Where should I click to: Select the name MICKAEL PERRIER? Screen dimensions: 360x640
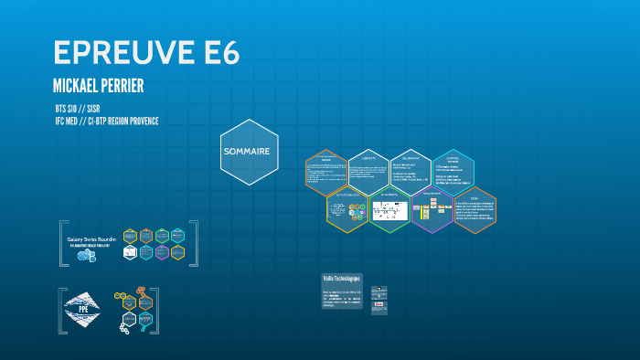point(99,86)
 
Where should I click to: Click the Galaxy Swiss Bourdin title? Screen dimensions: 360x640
point(91,239)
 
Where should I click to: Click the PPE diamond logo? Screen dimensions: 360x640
point(81,310)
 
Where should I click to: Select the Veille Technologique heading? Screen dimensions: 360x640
point(342,278)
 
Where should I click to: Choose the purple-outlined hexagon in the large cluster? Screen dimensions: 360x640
point(432,210)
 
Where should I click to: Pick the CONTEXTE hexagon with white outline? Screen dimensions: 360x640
point(368,171)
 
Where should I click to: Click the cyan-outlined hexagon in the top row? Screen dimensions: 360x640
point(453,171)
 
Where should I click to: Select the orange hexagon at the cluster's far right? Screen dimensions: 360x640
point(475,210)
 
